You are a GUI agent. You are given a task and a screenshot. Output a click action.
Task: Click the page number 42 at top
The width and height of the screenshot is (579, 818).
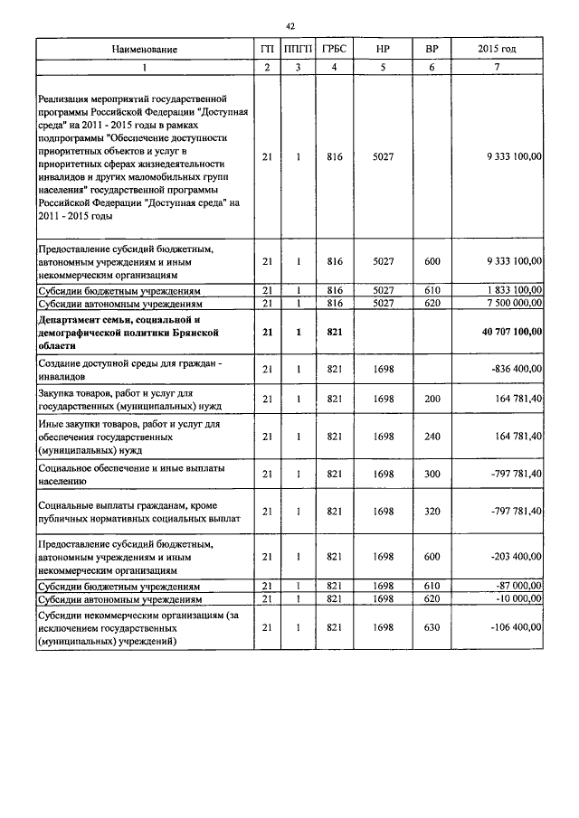click(x=289, y=26)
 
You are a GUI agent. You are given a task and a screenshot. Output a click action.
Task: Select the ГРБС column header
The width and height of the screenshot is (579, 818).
click(x=335, y=49)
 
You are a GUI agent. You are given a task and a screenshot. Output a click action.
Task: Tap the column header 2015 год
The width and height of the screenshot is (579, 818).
click(x=497, y=49)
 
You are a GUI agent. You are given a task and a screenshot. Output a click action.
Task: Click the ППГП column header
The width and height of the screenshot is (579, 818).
click(x=297, y=49)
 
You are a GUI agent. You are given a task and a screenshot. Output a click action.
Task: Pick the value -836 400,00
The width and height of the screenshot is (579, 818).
click(x=516, y=368)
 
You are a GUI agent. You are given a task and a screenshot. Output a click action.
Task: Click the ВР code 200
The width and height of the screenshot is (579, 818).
click(x=432, y=399)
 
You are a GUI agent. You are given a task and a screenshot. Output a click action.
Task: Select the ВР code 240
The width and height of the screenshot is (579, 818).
click(x=432, y=437)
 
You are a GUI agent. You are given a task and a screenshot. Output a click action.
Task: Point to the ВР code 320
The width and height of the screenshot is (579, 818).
click(x=432, y=512)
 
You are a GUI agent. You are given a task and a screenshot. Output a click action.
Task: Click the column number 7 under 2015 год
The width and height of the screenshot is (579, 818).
click(x=497, y=68)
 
